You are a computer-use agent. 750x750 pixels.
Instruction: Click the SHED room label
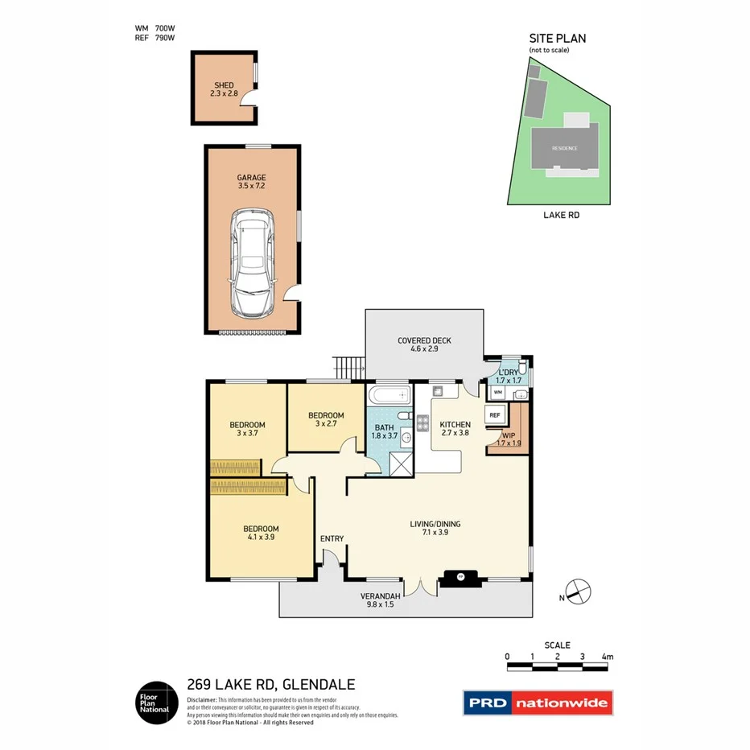coord(224,89)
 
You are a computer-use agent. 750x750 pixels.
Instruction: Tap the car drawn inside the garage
coord(251,263)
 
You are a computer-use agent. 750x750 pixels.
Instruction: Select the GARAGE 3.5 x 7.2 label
coord(251,182)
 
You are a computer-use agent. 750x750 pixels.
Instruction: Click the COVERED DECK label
coord(424,344)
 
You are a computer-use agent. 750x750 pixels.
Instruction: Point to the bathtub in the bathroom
coord(389,397)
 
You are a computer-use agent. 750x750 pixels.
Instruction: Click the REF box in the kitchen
coord(496,415)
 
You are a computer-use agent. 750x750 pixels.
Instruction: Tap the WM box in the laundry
coord(498,393)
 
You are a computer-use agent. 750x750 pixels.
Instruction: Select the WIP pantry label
coord(509,439)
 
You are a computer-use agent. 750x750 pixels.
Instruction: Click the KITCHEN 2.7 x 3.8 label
coord(455,428)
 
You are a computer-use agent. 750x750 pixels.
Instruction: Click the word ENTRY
coord(332,538)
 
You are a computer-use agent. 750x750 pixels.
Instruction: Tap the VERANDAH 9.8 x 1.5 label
coord(377,600)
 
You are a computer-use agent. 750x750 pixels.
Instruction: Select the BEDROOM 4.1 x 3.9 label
coord(261,533)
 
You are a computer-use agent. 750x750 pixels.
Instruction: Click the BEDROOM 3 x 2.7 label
coord(326,419)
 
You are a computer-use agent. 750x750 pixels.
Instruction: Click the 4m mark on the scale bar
coord(607,657)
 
